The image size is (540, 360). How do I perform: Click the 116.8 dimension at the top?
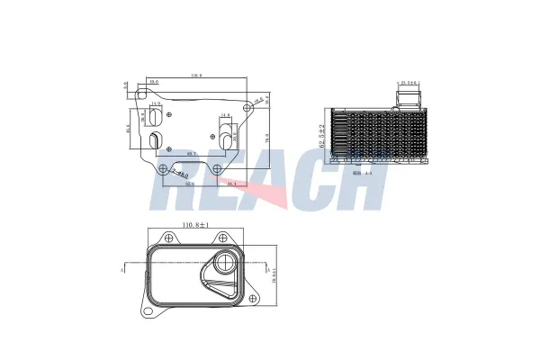tap(195, 76)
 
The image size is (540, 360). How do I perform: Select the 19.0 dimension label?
tap(154, 82)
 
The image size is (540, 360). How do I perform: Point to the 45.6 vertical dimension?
tap(129, 127)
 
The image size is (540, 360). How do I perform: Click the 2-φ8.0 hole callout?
tap(180, 174)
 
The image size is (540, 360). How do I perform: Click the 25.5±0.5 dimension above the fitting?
tap(409, 84)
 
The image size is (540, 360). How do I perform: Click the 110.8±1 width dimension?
tap(194, 224)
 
